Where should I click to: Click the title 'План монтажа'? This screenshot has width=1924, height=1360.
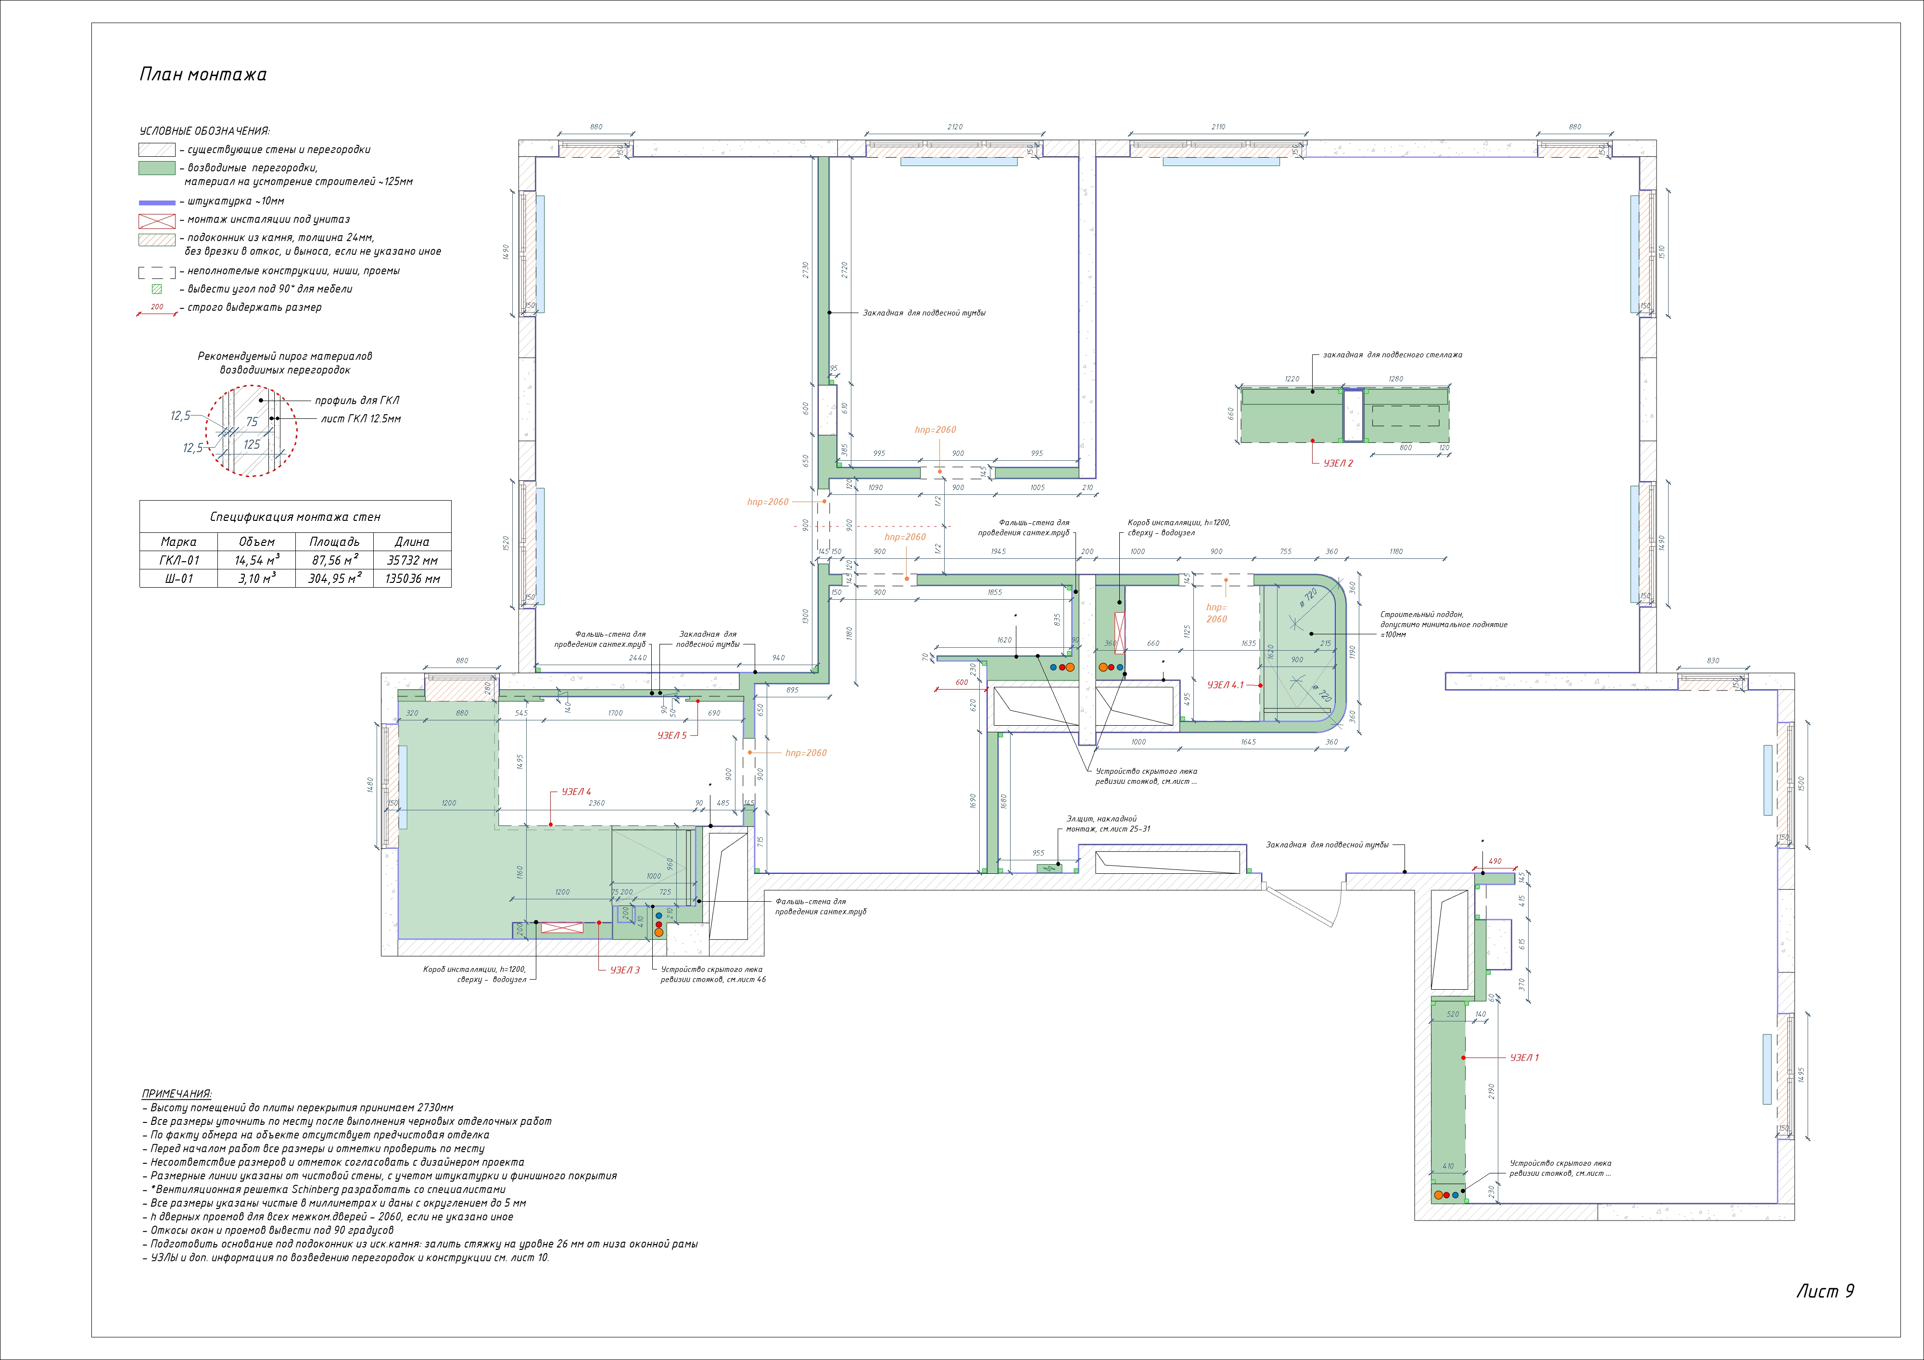pos(203,75)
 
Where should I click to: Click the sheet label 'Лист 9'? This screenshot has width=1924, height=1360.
pos(1824,1290)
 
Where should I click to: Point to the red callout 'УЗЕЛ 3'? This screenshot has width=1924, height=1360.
pos(624,970)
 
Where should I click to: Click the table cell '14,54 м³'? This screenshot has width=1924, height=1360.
pos(256,560)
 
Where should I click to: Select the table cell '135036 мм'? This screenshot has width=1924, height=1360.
pos(412,578)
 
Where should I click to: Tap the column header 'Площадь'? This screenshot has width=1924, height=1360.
pos(333,541)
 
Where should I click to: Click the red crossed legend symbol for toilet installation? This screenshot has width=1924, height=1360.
pos(157,220)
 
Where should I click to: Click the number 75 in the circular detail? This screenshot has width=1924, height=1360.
pos(252,422)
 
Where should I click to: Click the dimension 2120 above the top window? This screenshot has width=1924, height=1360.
pos(954,127)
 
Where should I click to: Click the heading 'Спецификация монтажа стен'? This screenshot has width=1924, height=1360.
pos(295,517)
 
